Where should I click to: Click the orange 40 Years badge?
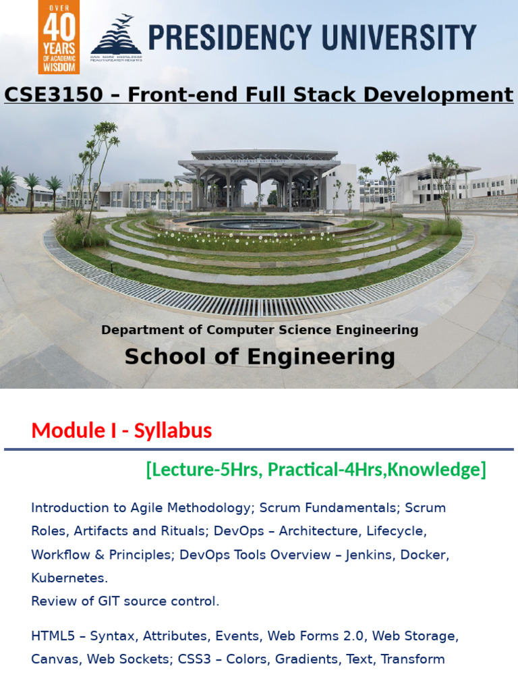[x=59, y=36]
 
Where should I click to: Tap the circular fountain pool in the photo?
[x=260, y=223]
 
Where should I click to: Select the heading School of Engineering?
[x=260, y=356]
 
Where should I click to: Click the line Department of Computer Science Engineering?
[x=260, y=330]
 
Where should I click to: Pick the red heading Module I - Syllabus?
[x=121, y=431]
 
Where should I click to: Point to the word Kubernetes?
[x=69, y=578]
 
